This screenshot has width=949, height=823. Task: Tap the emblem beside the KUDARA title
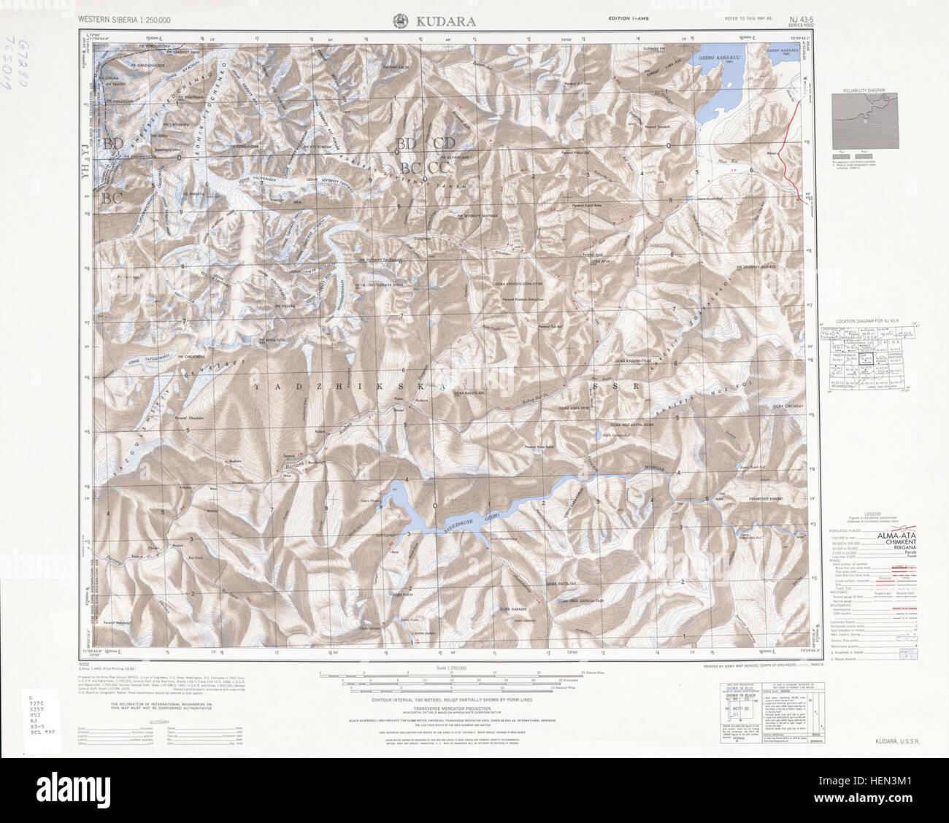400,21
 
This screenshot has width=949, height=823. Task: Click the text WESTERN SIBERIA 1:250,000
125,21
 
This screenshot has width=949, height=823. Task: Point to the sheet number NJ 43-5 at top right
798,19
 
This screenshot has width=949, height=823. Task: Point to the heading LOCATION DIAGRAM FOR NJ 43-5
864,322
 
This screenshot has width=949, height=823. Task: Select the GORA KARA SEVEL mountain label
575,409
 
